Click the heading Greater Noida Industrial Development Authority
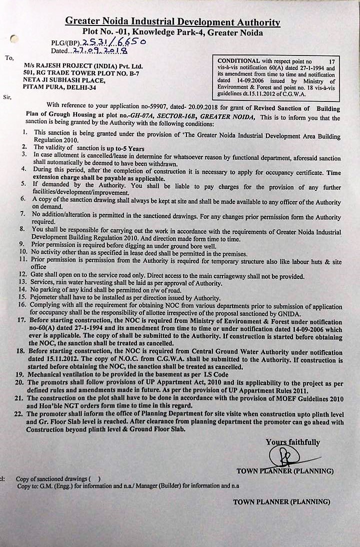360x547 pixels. pyautogui.click(x=172, y=22)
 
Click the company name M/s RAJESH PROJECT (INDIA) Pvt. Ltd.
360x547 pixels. pyautogui.click(x=83, y=66)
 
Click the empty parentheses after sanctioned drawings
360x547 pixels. pyautogui.click(x=95, y=479)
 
